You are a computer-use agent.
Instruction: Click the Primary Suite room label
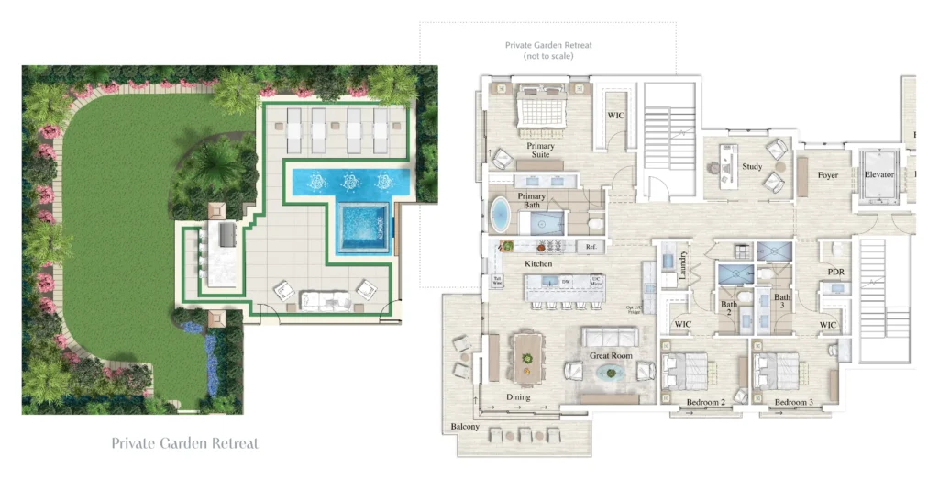tap(540, 151)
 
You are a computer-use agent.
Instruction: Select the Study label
tap(752, 167)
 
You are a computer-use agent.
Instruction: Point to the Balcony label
tap(465, 428)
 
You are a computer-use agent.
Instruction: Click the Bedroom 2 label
tap(705, 402)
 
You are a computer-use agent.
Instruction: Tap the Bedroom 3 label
tap(793, 402)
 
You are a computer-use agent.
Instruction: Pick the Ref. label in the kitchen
tap(591, 246)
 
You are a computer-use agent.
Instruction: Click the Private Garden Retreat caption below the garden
tap(184, 443)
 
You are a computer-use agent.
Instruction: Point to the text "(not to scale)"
tap(548, 56)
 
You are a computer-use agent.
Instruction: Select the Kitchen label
tap(538, 263)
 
